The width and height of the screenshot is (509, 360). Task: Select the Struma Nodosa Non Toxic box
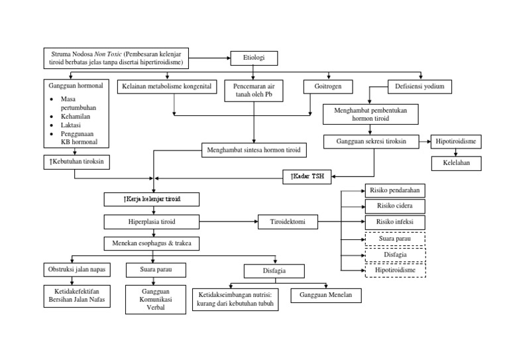[x=117, y=58]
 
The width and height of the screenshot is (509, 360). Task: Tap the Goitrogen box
[x=328, y=86]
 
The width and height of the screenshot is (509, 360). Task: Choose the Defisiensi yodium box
[x=420, y=86]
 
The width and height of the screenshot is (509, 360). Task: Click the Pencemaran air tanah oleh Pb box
[x=254, y=90]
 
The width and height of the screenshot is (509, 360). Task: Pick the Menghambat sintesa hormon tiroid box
[x=254, y=150]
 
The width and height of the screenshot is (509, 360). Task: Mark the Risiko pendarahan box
[x=394, y=191]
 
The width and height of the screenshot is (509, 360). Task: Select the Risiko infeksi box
[x=394, y=222]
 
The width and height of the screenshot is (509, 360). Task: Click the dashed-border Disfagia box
[x=394, y=255]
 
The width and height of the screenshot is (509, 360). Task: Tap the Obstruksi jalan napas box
[x=74, y=270]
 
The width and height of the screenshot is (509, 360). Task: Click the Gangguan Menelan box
[x=325, y=294]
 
